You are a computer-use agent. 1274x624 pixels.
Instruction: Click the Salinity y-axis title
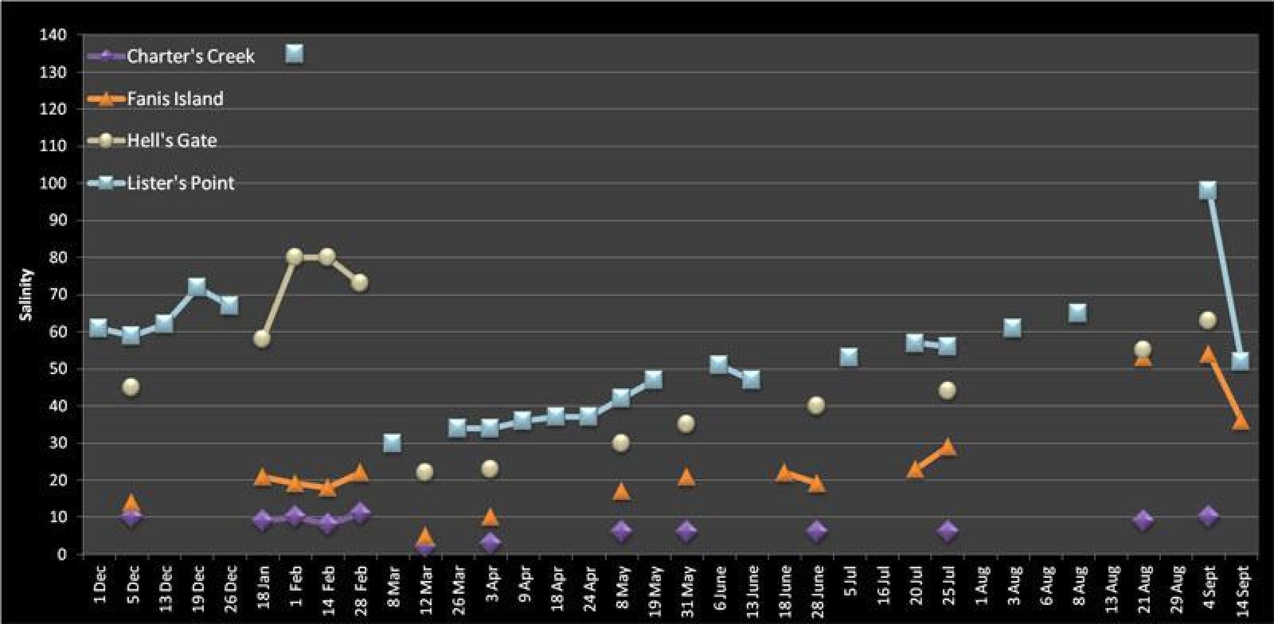(x=26, y=294)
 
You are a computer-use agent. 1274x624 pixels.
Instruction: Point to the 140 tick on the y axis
(x=53, y=35)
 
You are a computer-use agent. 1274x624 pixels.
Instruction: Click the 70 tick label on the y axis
(x=53, y=295)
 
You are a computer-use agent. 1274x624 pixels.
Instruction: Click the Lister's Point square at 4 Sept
(x=1208, y=190)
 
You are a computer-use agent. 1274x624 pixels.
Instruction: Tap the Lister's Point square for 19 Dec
(x=197, y=287)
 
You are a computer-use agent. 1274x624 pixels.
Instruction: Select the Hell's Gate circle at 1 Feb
(x=295, y=257)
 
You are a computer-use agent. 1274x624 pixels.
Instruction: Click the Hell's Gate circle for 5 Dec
(x=131, y=387)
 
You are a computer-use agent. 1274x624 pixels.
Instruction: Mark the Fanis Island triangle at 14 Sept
(x=1241, y=422)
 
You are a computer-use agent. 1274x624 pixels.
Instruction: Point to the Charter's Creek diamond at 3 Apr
(x=490, y=542)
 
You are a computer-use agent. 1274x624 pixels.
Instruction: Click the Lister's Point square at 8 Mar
(x=392, y=443)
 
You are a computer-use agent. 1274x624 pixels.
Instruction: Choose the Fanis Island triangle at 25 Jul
(x=948, y=447)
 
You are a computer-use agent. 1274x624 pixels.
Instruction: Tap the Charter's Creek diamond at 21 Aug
(x=1143, y=521)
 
